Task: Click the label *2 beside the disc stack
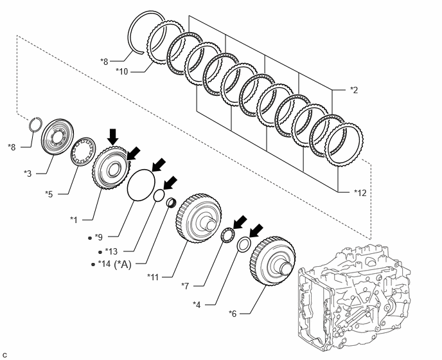(x=354, y=90)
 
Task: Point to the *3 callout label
(x=28, y=174)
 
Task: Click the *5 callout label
(x=50, y=193)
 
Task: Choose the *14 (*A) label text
(x=116, y=264)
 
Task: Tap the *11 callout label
(x=152, y=277)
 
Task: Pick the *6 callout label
(x=234, y=314)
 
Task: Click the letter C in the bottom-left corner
(x=4, y=354)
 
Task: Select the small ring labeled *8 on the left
(x=37, y=123)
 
